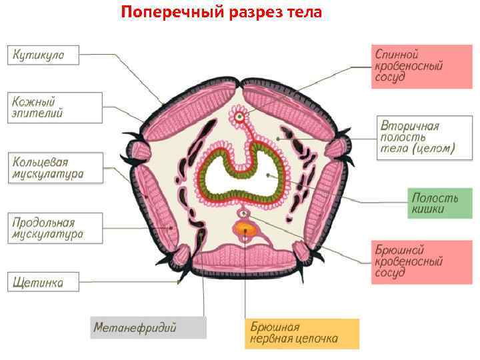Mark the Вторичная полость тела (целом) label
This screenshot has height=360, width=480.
[x=417, y=137]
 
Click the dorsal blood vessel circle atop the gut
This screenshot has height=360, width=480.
[x=239, y=117]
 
